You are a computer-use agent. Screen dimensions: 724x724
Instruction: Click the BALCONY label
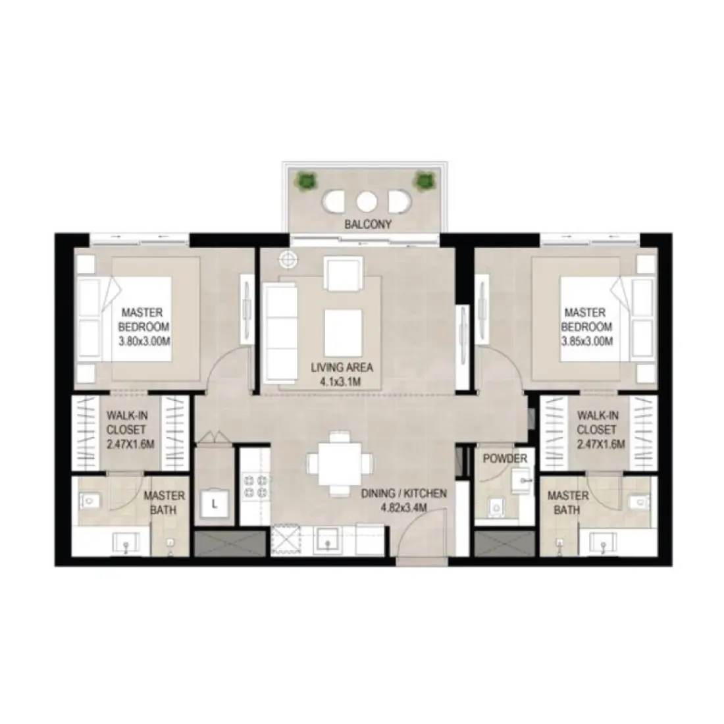tap(368, 224)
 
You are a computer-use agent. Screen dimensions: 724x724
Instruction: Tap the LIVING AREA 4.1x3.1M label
tap(338, 375)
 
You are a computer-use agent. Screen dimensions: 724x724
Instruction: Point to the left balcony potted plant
tap(305, 180)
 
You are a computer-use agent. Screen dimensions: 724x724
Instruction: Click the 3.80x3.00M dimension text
tap(143, 341)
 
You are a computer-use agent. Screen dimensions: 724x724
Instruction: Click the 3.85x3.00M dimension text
tap(588, 341)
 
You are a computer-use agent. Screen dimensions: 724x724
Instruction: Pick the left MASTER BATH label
tap(164, 503)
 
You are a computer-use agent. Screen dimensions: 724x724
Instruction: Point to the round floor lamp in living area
tap(288, 260)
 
